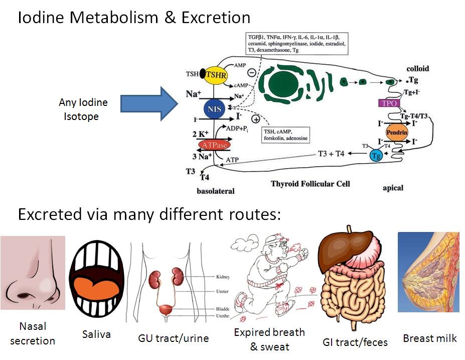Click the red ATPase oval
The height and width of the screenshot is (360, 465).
pyautogui.click(x=215, y=145)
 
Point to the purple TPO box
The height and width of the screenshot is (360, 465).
pyautogui.click(x=387, y=103)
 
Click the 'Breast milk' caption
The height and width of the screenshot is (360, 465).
pyautogui.click(x=430, y=338)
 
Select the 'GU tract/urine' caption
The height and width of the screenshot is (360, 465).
pyautogui.click(x=173, y=338)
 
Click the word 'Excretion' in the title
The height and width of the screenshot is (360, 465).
pyautogui.click(x=213, y=18)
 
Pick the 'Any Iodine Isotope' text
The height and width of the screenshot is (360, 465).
pyautogui.click(x=83, y=109)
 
